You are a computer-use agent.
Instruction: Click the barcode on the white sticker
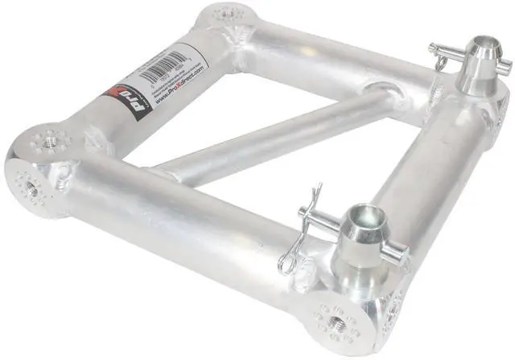164,66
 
